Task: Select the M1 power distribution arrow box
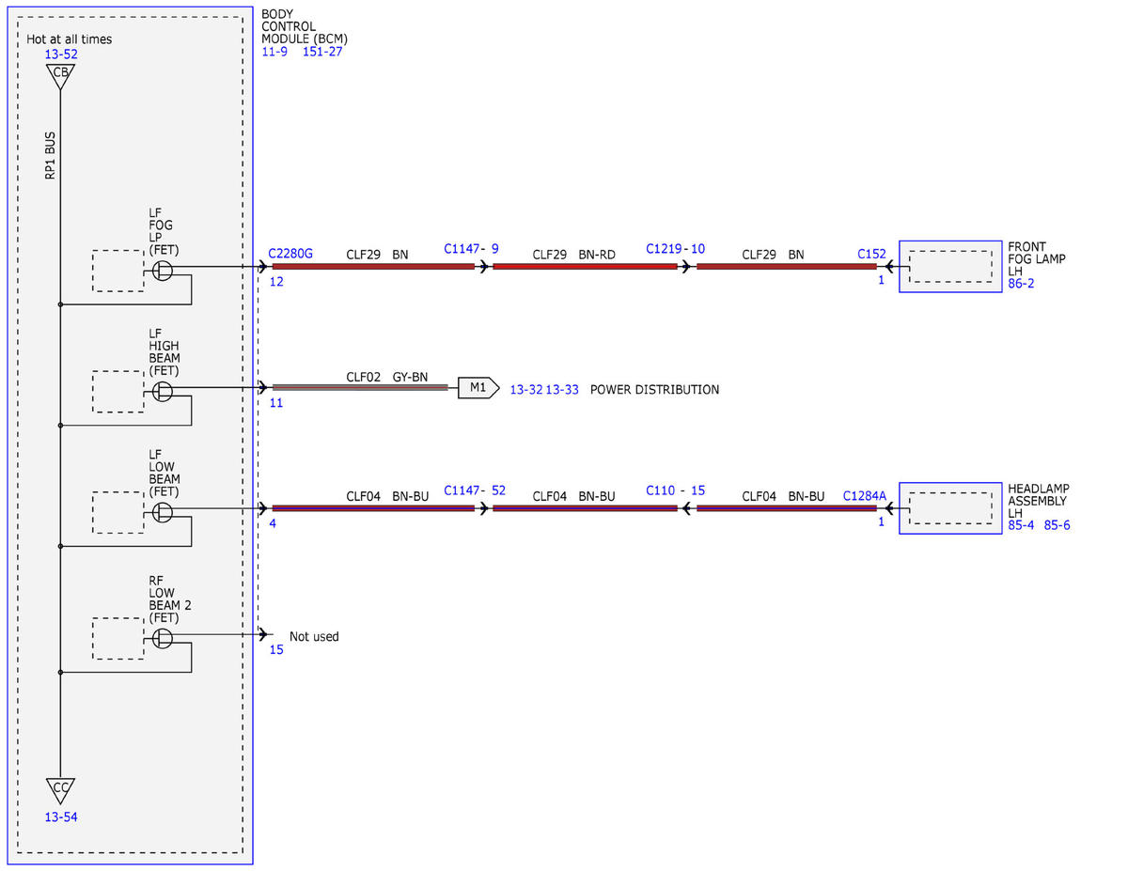(x=478, y=387)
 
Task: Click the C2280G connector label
(x=290, y=253)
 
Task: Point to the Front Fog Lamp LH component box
(x=950, y=267)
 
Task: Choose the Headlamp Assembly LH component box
(x=950, y=508)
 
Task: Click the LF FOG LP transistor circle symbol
(x=163, y=271)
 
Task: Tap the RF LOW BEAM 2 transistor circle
(x=163, y=638)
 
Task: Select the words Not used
(x=314, y=636)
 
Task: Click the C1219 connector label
(x=664, y=248)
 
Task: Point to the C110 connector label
(x=660, y=490)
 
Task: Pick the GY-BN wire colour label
(x=410, y=377)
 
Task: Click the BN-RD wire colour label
(x=597, y=255)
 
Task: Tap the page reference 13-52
(x=61, y=54)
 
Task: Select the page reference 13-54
(x=61, y=817)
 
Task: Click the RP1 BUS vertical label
(x=50, y=156)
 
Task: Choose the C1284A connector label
(x=864, y=496)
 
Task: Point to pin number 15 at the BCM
(x=276, y=649)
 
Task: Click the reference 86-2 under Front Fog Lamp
(x=1021, y=283)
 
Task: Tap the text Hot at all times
(x=69, y=39)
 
